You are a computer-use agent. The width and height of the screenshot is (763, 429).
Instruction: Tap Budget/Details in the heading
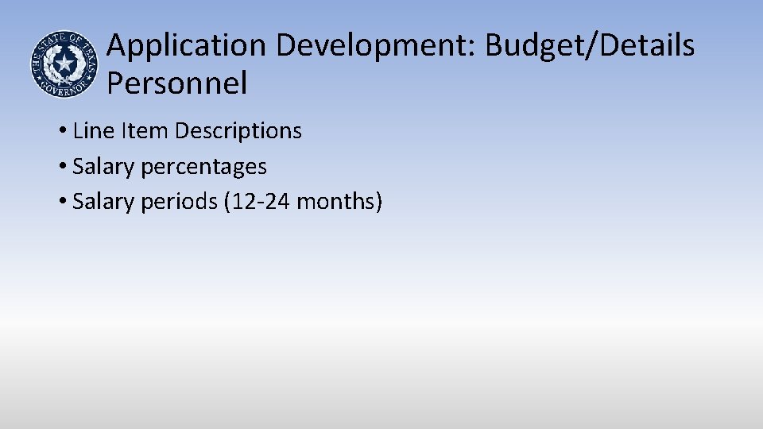[590, 46]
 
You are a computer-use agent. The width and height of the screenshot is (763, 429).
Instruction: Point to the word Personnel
[176, 83]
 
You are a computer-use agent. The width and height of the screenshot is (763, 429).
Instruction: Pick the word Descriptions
[238, 130]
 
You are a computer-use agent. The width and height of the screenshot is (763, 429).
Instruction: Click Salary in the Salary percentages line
[103, 166]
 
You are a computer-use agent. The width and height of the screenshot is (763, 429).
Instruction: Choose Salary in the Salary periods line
[103, 202]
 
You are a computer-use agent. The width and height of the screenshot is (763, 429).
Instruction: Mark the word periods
[179, 203]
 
